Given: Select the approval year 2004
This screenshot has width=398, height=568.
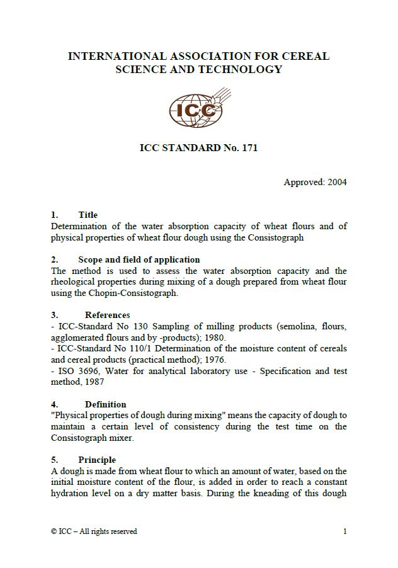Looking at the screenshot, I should pyautogui.click(x=337, y=183).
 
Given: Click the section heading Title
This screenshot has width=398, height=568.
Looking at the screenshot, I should pyautogui.click(x=88, y=215).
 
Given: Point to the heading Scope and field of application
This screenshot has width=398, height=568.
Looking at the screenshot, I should pyautogui.click(x=139, y=259).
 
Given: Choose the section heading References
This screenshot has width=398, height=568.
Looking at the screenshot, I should pyautogui.click(x=108, y=315).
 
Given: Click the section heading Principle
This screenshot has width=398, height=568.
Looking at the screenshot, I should pyautogui.click(x=97, y=460).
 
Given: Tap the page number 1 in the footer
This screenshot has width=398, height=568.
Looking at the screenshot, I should pyautogui.click(x=344, y=531).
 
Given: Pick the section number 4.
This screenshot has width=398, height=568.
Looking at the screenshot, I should pyautogui.click(x=54, y=404).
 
